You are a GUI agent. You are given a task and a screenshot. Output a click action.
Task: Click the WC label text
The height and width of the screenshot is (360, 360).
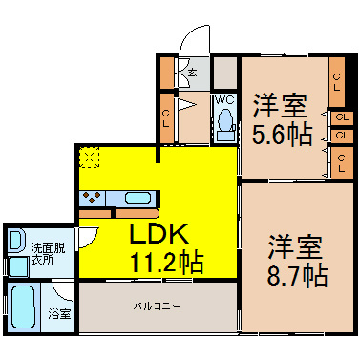tap(225, 100)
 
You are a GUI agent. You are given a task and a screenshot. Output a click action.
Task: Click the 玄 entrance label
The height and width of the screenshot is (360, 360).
tap(192, 73)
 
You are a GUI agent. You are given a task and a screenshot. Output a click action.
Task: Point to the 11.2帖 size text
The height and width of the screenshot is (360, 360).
tap(166, 262)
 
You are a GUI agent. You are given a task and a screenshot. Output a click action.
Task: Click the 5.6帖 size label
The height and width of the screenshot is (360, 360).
tap(282, 135)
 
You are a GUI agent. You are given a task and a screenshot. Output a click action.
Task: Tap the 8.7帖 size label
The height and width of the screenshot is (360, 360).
tap(297, 276)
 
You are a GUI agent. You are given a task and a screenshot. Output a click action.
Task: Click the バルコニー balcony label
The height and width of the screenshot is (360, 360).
tap(157, 307)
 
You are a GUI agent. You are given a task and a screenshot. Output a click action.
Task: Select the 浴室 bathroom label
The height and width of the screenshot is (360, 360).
tap(59, 314)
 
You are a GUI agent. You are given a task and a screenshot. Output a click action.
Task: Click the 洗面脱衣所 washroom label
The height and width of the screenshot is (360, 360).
tap(48, 254)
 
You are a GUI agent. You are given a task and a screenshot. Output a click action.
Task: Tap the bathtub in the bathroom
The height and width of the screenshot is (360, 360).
tap(23, 307)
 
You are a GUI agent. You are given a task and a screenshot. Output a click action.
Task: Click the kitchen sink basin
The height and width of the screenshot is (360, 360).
tap(138, 199)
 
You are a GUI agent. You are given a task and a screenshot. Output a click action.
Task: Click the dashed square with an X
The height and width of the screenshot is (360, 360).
tap(89, 157)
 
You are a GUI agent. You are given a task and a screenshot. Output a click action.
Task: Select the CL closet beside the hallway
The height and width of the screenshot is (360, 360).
tap(166, 118)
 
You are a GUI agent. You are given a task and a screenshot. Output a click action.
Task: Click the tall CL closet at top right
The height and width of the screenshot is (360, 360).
tap(337, 82)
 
